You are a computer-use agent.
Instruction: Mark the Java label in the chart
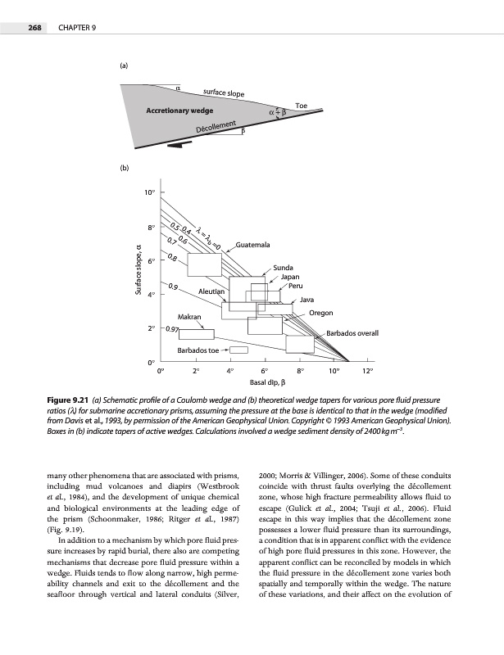(309, 300)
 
